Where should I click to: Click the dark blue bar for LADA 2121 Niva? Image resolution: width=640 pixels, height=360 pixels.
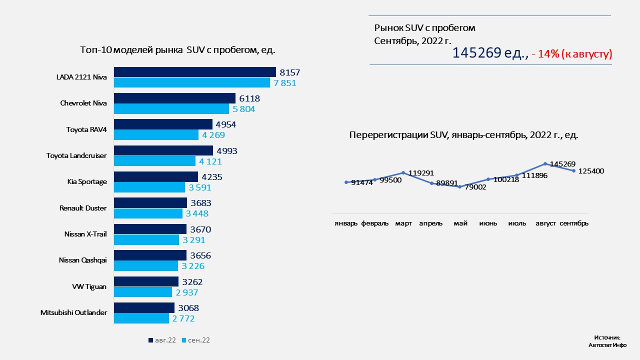point(195,72)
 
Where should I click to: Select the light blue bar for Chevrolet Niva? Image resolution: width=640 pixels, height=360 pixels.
point(171,108)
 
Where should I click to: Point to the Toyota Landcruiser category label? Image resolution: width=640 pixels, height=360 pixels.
point(76,155)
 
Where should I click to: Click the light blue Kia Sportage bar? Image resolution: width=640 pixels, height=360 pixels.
point(149,187)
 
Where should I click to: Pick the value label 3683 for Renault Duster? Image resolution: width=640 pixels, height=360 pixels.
point(201,203)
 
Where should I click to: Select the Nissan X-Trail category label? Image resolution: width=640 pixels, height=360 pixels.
point(85,234)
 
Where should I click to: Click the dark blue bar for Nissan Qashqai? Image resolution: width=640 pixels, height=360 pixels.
point(150,255)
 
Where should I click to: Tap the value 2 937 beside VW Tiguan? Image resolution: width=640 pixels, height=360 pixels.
point(187,292)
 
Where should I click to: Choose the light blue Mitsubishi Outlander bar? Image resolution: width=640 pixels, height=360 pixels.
point(141,318)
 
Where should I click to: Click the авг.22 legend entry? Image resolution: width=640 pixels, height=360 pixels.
point(162,340)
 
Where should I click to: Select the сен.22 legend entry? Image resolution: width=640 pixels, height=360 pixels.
point(195,340)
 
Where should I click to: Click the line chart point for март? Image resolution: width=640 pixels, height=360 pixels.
point(403,173)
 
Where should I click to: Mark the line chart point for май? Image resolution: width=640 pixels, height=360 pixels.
point(459,186)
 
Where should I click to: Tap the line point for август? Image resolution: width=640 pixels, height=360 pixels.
point(545,163)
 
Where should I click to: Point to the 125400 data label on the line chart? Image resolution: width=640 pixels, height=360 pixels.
point(591,171)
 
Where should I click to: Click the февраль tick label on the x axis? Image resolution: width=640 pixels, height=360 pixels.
point(375,223)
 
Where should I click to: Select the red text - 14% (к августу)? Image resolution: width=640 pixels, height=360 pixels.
point(572,54)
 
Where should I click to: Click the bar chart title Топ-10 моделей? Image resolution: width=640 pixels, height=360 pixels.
point(178,50)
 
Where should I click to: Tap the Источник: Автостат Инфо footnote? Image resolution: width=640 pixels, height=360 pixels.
point(607,341)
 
